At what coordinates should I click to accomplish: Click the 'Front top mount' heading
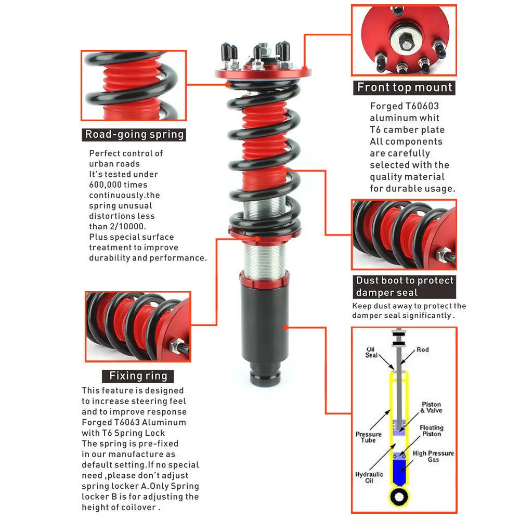coord(404,87)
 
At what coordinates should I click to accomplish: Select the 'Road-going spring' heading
coord(134,134)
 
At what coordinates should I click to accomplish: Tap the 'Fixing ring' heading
coord(138,376)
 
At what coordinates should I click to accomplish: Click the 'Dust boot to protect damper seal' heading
coord(404,287)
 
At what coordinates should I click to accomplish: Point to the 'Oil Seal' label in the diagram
coord(371,352)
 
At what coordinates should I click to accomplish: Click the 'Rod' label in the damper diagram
coord(422,349)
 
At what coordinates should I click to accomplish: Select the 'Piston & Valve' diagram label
coord(432,407)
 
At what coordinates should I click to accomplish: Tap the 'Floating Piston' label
coord(432,431)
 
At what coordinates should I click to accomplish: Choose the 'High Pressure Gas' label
coord(433,457)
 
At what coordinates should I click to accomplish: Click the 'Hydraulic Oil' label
coord(369,477)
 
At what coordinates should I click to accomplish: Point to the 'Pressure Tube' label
coord(369,437)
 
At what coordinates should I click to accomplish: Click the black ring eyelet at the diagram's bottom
coord(399,497)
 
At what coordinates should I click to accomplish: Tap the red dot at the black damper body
coord(285,327)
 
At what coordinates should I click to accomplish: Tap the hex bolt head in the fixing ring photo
coord(176,346)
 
